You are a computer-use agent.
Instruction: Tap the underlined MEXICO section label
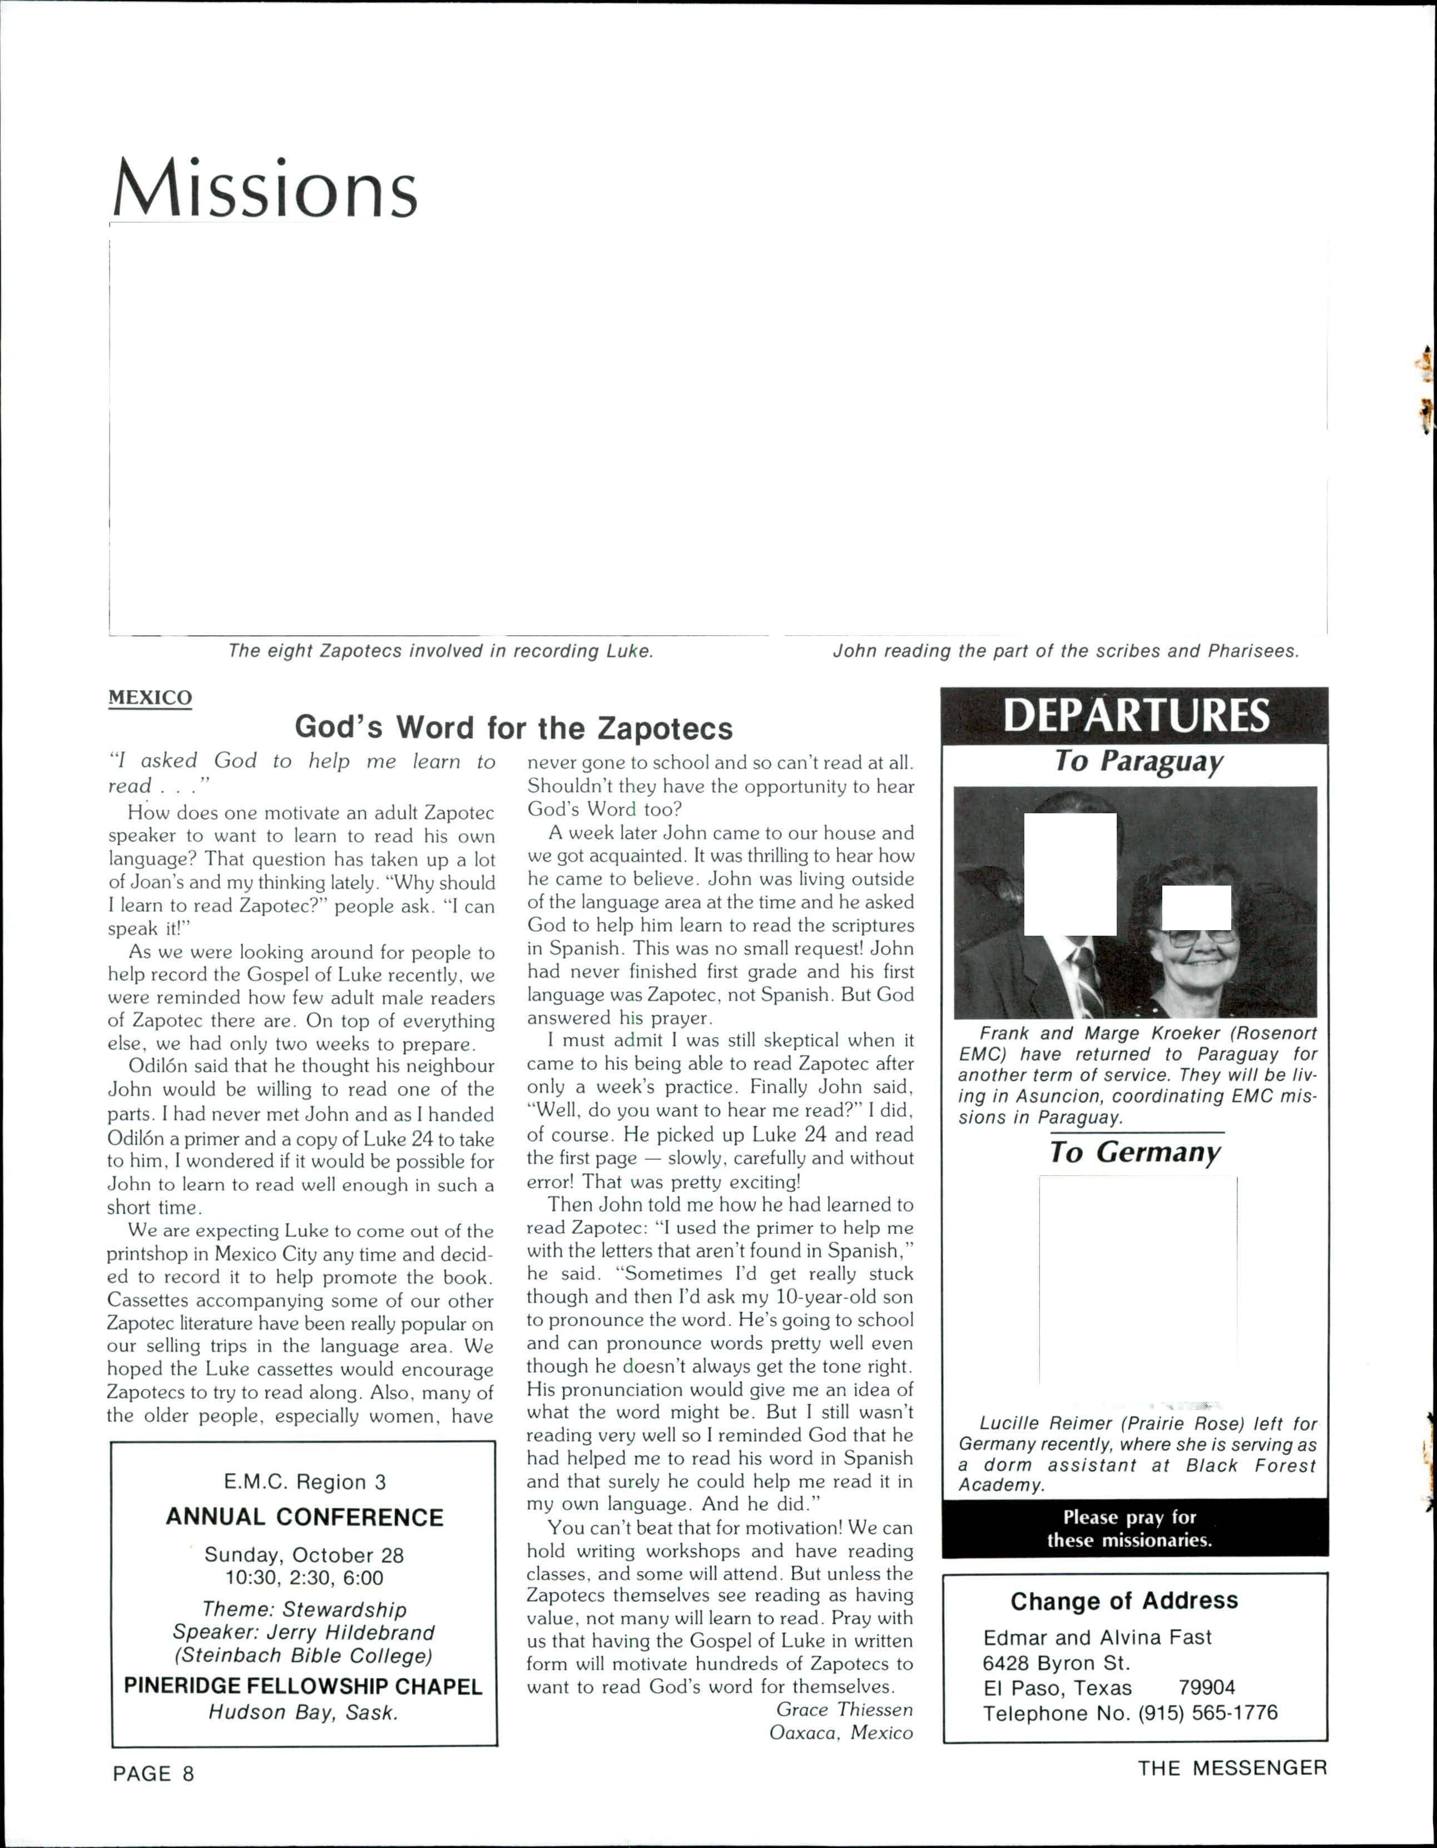150,698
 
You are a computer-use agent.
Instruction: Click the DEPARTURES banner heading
1135,716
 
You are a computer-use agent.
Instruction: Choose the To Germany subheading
1134,1153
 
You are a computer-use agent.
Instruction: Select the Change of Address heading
1124,1601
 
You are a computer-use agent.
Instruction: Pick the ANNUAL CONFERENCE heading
305,1517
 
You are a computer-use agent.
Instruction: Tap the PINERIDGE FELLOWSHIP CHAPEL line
303,1663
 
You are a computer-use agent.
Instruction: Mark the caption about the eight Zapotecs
440,651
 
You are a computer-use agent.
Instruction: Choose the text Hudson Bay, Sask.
303,1689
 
